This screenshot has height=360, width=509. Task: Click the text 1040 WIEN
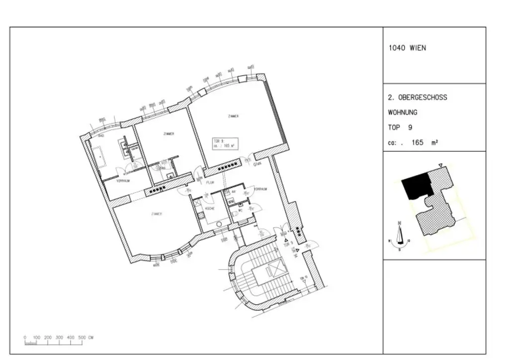(x=407, y=48)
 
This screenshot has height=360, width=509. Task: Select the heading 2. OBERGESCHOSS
(x=417, y=97)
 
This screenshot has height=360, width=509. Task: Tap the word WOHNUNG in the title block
(x=403, y=112)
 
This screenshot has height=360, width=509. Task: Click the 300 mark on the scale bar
(x=59, y=338)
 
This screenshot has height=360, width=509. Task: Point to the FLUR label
(x=210, y=182)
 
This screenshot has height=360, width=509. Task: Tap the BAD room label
(x=101, y=136)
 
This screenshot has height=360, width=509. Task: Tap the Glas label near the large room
(x=257, y=164)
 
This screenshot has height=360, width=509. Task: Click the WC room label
(x=241, y=211)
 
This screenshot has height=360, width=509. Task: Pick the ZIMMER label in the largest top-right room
(x=234, y=116)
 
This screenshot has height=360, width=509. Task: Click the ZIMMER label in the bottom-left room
(x=157, y=214)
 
